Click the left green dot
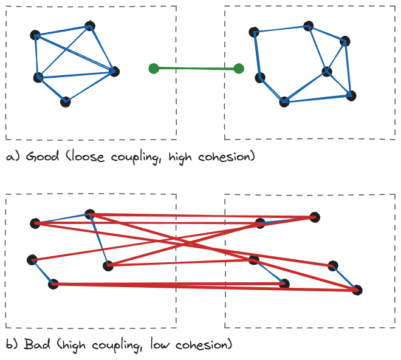click(x=154, y=69)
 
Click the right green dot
click(x=239, y=69)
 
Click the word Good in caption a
click(x=43, y=156)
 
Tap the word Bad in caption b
click(x=37, y=344)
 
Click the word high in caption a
click(x=180, y=157)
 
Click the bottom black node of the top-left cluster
click(x=66, y=102)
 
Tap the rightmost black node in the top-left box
click(x=114, y=72)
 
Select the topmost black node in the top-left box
click(x=90, y=26)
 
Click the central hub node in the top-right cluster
click(x=327, y=72)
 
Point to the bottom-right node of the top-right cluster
click(x=351, y=96)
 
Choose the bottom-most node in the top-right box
click(x=284, y=102)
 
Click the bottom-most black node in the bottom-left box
click(x=53, y=284)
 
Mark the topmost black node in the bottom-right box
click(x=315, y=217)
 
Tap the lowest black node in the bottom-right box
click(x=357, y=290)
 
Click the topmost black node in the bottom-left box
click(x=90, y=214)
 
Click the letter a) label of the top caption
click(x=13, y=157)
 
